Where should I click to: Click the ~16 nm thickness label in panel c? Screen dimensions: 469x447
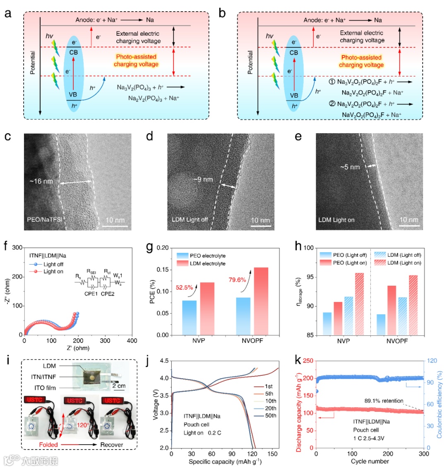[x=41, y=181]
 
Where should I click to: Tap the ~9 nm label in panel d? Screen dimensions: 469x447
[x=203, y=180]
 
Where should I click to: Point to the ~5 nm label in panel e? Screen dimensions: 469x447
[x=350, y=167]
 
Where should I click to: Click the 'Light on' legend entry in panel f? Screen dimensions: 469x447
[x=53, y=272]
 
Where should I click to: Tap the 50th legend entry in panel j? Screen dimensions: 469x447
[x=271, y=416]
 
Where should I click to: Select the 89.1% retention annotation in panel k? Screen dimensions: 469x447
[x=384, y=401]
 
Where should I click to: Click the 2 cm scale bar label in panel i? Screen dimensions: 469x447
[x=120, y=386]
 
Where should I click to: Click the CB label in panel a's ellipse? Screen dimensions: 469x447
[x=73, y=52]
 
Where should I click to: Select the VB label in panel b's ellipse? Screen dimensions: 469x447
[x=294, y=95]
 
